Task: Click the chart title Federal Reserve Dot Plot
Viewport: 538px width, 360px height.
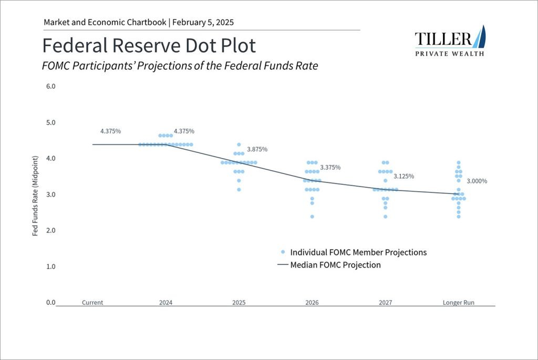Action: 149,46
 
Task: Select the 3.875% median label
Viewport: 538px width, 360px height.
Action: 257,149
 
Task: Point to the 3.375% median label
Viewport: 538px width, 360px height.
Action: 330,168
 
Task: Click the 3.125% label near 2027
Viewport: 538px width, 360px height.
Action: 403,177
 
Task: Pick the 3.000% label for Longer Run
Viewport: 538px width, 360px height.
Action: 477,181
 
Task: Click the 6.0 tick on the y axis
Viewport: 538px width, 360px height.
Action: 51,87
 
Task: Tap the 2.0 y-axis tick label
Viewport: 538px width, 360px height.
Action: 51,230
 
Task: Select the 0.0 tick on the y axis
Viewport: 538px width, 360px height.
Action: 51,302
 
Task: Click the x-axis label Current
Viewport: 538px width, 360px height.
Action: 92,303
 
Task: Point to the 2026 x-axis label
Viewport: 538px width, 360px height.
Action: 312,303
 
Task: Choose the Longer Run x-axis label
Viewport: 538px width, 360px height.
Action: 458,303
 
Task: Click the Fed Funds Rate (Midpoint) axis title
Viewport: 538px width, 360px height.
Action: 35,196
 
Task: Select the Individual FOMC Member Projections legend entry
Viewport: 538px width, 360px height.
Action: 354,252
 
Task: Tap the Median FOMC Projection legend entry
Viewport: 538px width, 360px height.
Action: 329,265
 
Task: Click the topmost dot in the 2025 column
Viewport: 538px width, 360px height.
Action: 239,145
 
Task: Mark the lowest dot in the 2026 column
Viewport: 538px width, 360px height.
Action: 312,217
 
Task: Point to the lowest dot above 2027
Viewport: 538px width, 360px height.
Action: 385,217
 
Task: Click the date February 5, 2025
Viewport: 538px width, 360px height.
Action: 203,23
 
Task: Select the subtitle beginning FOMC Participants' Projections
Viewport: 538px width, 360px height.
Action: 180,66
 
